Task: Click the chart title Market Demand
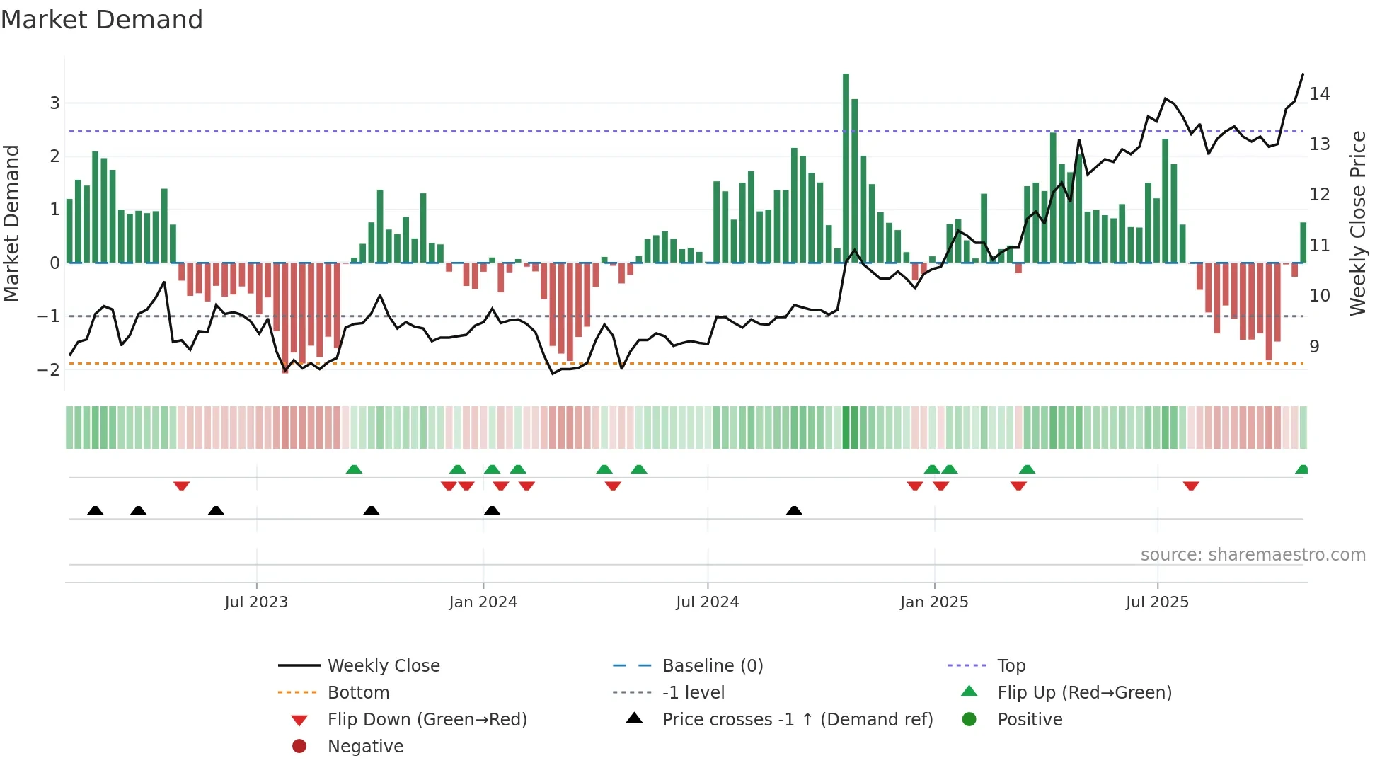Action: pyautogui.click(x=102, y=20)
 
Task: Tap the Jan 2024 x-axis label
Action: pyautogui.click(x=483, y=602)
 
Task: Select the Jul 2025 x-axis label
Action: pyautogui.click(x=1157, y=602)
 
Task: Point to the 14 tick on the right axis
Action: pyautogui.click(x=1319, y=93)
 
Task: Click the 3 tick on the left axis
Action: pyautogui.click(x=54, y=103)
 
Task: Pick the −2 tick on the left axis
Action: pyautogui.click(x=50, y=369)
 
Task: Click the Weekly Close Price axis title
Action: pyautogui.click(x=1357, y=223)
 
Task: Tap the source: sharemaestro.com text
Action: pyautogui.click(x=1253, y=554)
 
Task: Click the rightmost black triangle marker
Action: pyautogui.click(x=794, y=511)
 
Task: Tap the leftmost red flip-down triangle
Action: pyautogui.click(x=181, y=486)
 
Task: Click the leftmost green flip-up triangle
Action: pyautogui.click(x=354, y=469)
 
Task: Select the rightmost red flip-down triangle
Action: pyautogui.click(x=1191, y=486)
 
